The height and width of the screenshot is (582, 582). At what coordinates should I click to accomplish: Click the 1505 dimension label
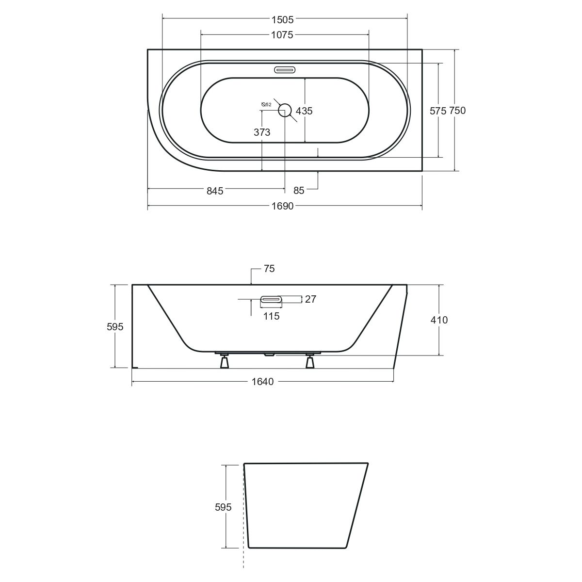tap(282, 19)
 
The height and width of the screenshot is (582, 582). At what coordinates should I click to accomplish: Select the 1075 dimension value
tap(282, 35)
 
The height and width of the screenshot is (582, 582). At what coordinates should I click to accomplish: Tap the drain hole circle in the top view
tap(285, 110)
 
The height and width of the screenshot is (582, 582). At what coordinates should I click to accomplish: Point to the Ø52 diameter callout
tap(266, 104)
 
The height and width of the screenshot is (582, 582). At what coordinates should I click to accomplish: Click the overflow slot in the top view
tap(285, 70)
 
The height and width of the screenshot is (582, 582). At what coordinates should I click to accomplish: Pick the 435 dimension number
tap(304, 111)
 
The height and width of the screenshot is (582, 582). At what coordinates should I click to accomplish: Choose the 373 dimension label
tap(262, 132)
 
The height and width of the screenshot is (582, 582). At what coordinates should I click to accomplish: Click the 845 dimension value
tap(215, 191)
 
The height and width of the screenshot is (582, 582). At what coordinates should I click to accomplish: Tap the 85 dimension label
tap(299, 191)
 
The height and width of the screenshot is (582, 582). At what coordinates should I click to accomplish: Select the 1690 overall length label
tap(282, 206)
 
